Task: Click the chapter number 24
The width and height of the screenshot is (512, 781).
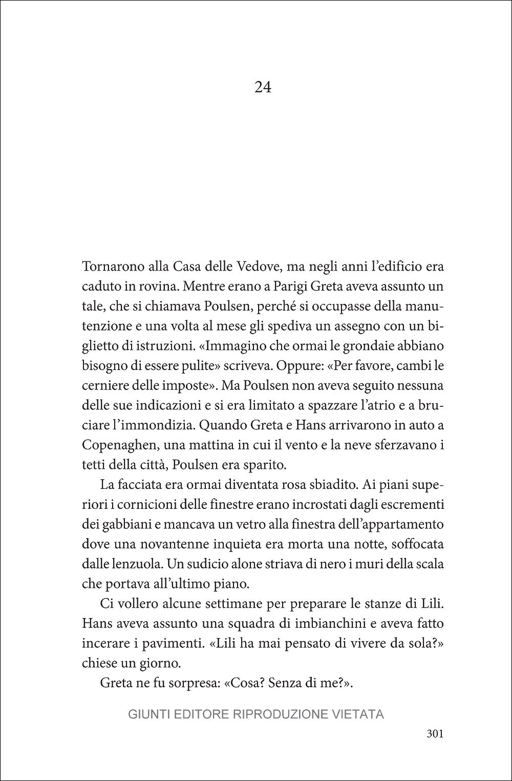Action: pyautogui.click(x=263, y=88)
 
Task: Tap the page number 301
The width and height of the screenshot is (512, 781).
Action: pyautogui.click(x=434, y=734)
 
